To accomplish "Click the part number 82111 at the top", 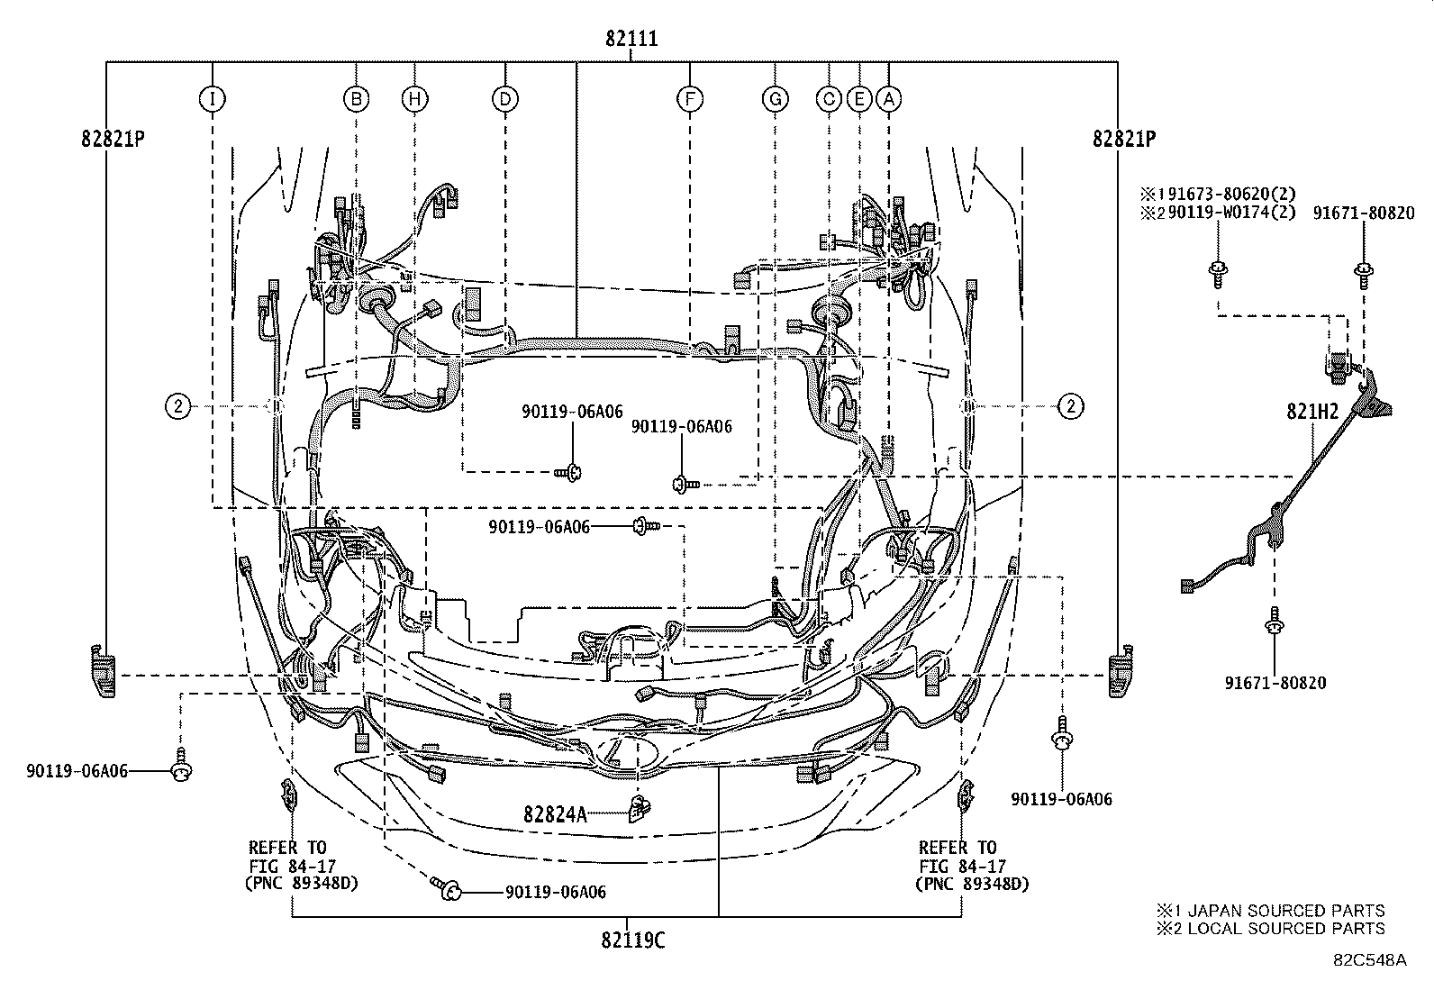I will [631, 39].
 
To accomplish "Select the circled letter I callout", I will [212, 99].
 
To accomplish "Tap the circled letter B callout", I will [358, 99].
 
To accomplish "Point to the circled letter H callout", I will [414, 99].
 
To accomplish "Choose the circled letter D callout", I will [505, 99].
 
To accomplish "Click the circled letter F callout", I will [689, 99].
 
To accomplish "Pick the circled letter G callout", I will [775, 99].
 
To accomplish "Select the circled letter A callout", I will [889, 99].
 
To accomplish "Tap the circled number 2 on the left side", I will [179, 407].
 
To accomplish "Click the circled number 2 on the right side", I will [1070, 407].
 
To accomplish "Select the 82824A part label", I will [555, 814].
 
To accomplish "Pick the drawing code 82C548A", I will [1370, 960].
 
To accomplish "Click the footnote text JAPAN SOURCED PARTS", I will [1279, 911].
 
